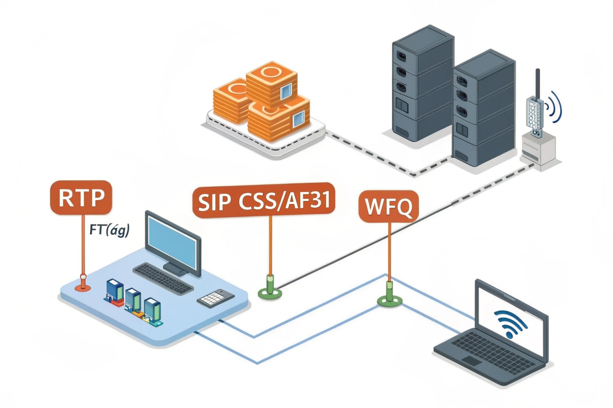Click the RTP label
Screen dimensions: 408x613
81,197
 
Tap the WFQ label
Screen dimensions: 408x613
389,206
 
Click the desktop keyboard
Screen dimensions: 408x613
163,278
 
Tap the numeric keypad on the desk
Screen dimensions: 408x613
215,298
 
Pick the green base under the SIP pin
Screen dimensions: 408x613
270,293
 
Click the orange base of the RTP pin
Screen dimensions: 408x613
83,287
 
